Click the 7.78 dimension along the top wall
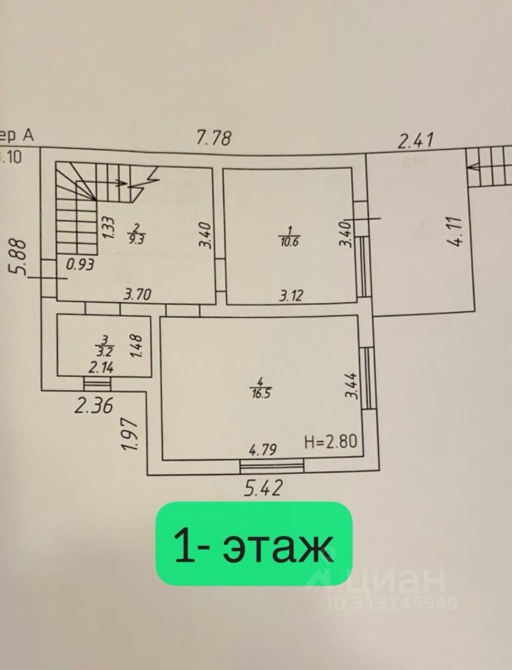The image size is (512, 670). point(213,137)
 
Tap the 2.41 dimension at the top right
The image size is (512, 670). point(416,140)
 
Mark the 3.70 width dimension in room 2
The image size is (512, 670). point(138,295)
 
